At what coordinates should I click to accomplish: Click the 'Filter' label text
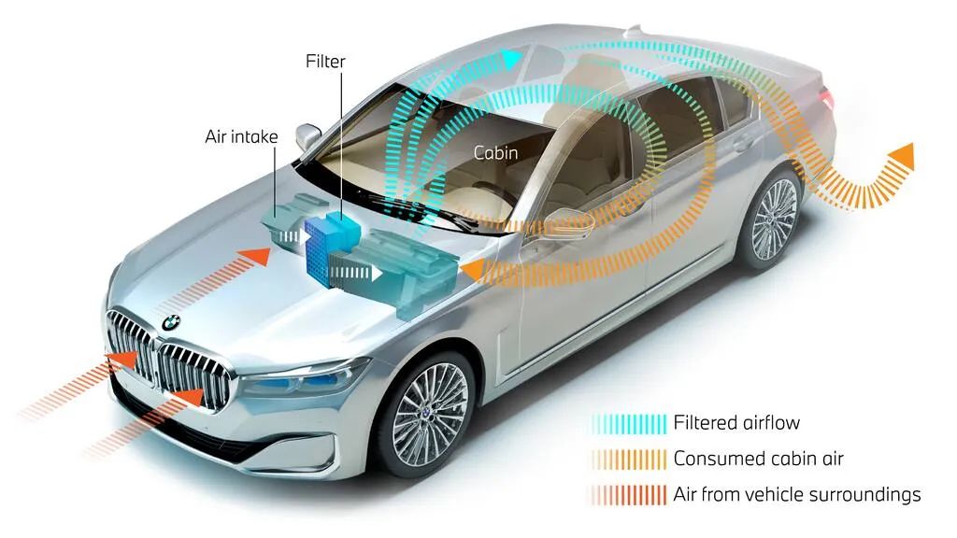click(x=325, y=62)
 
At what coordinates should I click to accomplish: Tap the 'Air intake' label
click(x=241, y=136)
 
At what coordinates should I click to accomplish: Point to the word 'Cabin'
click(x=495, y=152)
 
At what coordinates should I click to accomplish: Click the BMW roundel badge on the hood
click(x=171, y=322)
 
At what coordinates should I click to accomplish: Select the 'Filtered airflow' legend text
click(x=736, y=423)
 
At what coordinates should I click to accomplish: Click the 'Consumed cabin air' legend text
click(x=758, y=458)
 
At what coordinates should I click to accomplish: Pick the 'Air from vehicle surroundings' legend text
click(x=796, y=494)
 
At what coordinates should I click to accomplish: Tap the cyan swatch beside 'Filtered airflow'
click(x=629, y=424)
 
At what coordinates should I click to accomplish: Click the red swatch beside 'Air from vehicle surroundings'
click(x=629, y=495)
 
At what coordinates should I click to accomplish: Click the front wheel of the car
click(x=430, y=414)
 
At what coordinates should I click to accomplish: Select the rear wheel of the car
click(x=772, y=219)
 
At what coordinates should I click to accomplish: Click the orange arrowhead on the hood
click(x=259, y=256)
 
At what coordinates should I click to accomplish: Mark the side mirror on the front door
click(x=568, y=220)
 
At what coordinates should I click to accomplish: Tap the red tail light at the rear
click(x=827, y=97)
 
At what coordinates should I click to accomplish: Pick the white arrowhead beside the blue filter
click(x=376, y=272)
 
